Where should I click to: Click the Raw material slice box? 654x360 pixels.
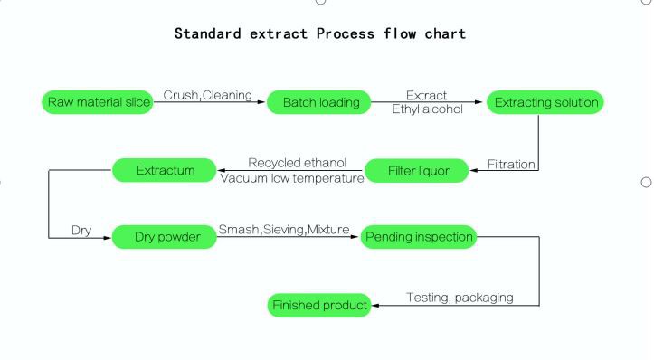point(97,102)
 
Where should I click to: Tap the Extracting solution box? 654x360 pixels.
point(545,102)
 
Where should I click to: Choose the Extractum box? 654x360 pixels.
point(165,169)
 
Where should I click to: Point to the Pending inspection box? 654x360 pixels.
point(418,238)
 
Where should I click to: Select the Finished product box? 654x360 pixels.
point(320,306)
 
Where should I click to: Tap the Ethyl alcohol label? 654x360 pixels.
point(426,109)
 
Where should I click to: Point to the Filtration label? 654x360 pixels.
point(511,164)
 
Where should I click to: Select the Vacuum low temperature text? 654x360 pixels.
point(292,178)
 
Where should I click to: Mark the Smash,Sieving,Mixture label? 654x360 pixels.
point(284,231)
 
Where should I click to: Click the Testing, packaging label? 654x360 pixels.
point(460,297)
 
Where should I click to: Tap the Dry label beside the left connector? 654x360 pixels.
point(81,231)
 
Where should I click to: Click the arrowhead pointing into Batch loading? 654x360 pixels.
point(263,103)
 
